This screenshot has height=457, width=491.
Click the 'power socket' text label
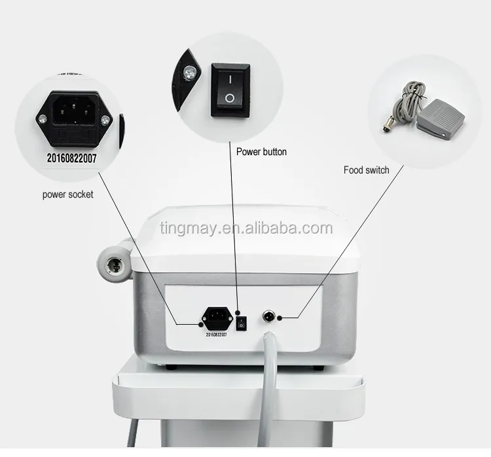coord(68,194)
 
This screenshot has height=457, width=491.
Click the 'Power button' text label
coord(261,152)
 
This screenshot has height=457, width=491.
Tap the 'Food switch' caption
coord(367,170)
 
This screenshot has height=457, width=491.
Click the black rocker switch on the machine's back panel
coord(240,321)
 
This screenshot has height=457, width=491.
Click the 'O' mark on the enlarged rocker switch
coord(229,98)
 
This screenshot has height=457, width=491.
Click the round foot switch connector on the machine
coord(268,317)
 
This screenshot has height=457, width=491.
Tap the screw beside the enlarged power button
coord(190,74)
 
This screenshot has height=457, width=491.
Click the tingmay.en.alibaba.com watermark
coord(245,228)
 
